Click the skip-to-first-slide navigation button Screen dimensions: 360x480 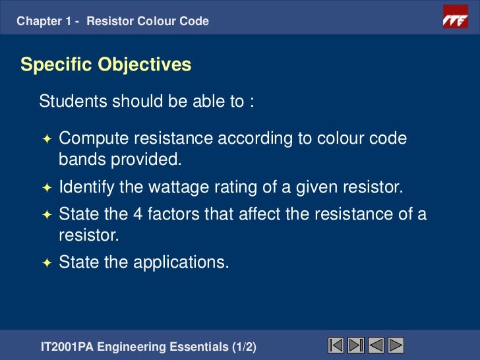click(336, 345)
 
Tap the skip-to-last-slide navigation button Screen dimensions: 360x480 click(356, 345)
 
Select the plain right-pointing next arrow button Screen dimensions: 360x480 click(396, 345)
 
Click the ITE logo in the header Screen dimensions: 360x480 click(454, 20)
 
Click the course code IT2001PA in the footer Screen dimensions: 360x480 click(66, 346)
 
